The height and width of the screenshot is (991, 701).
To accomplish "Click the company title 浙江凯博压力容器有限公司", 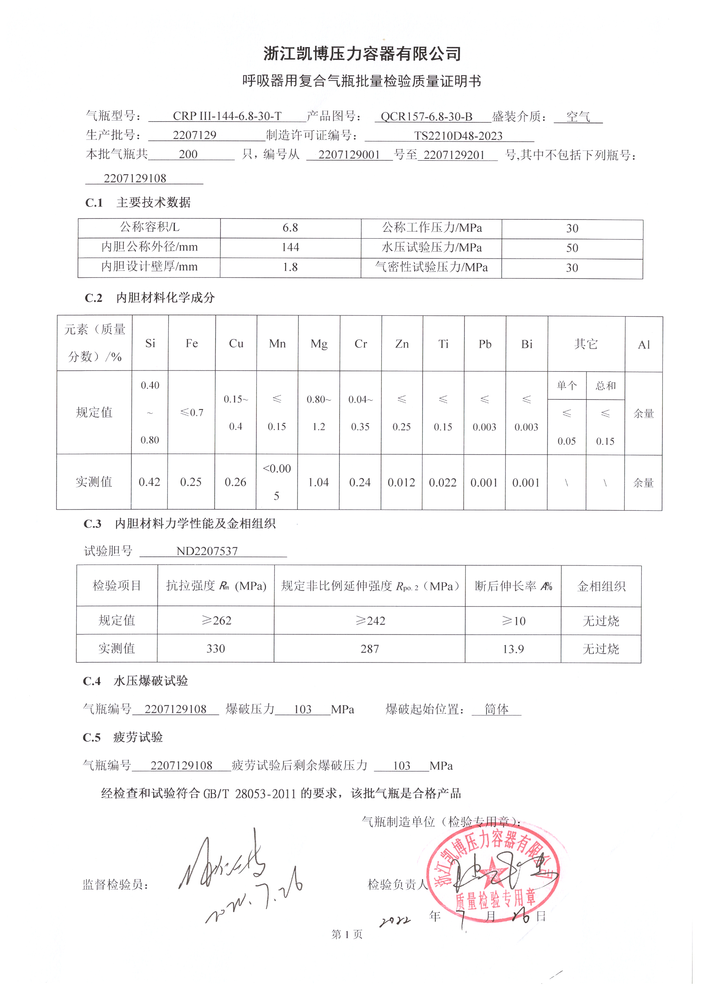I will point(362,53).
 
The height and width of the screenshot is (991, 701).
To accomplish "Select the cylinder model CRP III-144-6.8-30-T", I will point(227,116).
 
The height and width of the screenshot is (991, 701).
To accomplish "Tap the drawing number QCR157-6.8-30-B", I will point(426,117).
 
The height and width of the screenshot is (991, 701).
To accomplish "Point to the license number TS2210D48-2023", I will point(458,136).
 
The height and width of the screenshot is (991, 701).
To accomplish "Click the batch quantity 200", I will point(188,155).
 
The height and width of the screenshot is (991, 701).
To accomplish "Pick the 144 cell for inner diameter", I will point(290,247).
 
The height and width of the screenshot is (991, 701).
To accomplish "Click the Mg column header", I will point(319,344).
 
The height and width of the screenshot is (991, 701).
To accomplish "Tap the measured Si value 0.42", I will point(149,482).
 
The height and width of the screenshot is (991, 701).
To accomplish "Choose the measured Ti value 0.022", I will point(443,482).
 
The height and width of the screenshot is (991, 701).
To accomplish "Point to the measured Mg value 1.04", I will point(319,482).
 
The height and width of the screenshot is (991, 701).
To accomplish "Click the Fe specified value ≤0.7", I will point(192,412).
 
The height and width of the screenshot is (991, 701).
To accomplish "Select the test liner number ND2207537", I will point(207,551).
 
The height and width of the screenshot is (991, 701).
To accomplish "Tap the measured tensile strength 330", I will point(216,649).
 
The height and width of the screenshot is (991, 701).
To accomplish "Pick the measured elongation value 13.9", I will point(513,649).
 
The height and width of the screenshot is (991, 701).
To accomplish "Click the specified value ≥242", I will point(370,621).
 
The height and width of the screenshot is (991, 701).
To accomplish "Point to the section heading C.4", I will point(92,681).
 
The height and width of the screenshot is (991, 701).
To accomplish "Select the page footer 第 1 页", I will point(347,934).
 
